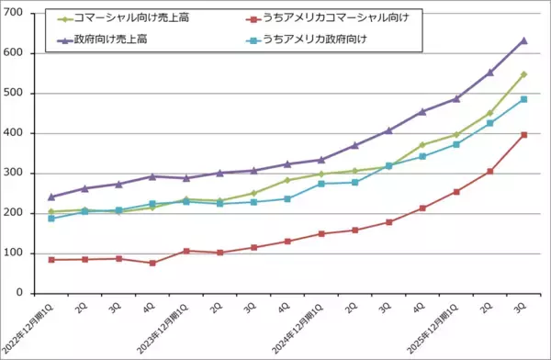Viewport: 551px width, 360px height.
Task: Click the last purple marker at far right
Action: click(523, 40)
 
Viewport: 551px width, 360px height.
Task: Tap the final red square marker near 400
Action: click(523, 135)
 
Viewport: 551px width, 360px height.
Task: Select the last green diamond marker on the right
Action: click(523, 74)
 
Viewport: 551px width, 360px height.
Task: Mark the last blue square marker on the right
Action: click(523, 99)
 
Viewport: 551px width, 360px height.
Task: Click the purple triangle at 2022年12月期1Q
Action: click(51, 197)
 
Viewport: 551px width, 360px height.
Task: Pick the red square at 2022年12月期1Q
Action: click(51, 260)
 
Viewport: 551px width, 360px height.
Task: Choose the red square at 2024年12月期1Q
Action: click(321, 233)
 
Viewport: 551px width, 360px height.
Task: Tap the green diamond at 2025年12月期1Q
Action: click(456, 134)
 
